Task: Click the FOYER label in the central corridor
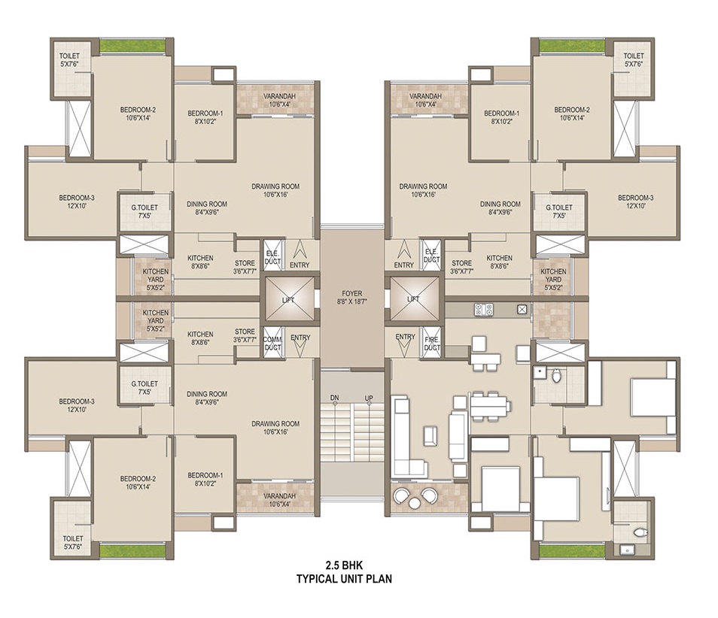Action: coord(351,293)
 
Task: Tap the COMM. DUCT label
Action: coord(272,343)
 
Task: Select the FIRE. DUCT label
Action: coord(432,343)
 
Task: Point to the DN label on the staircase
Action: coord(335,398)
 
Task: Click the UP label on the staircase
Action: coord(369,398)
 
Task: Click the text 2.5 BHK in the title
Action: coord(344,565)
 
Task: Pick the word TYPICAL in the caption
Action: coord(316,579)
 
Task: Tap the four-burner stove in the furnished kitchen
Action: coord(484,310)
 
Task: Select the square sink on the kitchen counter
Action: coord(522,309)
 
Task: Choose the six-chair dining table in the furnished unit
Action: coord(488,405)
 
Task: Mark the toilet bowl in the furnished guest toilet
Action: coord(556,375)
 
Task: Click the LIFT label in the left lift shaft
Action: coord(288,300)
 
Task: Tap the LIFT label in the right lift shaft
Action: coord(413,299)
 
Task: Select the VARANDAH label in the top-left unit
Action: coord(279,96)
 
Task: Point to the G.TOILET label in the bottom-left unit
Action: coord(145,383)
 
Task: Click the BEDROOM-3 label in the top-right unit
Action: coord(635,198)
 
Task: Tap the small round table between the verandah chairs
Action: coord(415,503)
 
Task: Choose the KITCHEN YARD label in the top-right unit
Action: coord(553,275)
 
